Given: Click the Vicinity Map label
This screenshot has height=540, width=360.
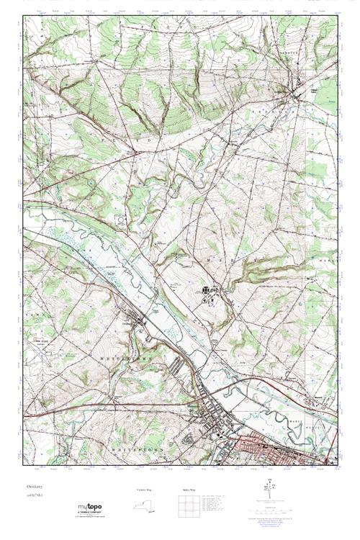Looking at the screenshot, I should pos(145,490).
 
